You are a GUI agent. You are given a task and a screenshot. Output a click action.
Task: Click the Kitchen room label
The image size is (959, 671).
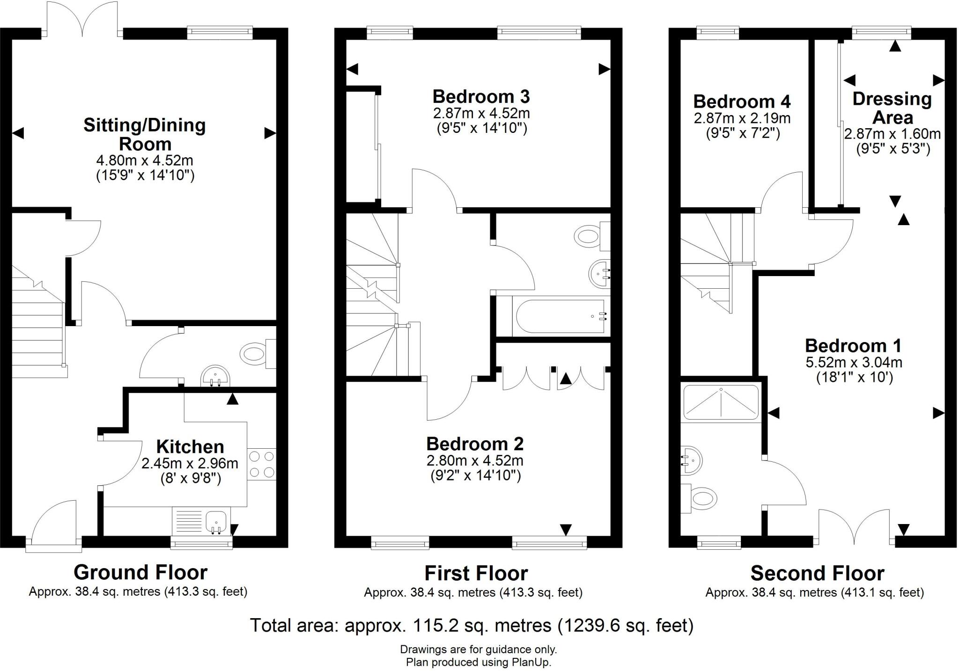point(190,446)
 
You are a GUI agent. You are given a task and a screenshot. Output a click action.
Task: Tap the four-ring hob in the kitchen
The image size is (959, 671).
point(262,464)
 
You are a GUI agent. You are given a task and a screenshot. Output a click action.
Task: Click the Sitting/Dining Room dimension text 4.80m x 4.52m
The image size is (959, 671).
point(144,160)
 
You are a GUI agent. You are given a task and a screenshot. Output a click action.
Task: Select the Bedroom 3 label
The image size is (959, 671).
point(481,96)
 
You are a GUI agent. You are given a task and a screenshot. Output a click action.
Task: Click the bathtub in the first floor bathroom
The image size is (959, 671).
point(560,316)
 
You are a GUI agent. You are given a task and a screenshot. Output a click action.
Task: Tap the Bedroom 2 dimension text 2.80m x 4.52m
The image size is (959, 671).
point(474,460)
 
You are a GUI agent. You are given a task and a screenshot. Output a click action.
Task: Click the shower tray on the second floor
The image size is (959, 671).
point(721,401)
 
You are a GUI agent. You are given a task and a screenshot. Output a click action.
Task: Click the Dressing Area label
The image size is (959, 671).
point(892,108)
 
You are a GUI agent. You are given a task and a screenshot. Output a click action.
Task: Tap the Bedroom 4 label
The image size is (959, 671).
point(742,102)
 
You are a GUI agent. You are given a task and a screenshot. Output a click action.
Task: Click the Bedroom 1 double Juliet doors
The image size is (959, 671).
point(854,526)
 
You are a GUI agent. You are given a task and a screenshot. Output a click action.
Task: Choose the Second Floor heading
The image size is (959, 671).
point(817,573)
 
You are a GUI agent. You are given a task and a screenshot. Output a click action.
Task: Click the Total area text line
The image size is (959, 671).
point(471,625)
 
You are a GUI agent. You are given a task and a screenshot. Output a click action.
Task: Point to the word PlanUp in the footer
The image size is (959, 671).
point(531,662)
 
